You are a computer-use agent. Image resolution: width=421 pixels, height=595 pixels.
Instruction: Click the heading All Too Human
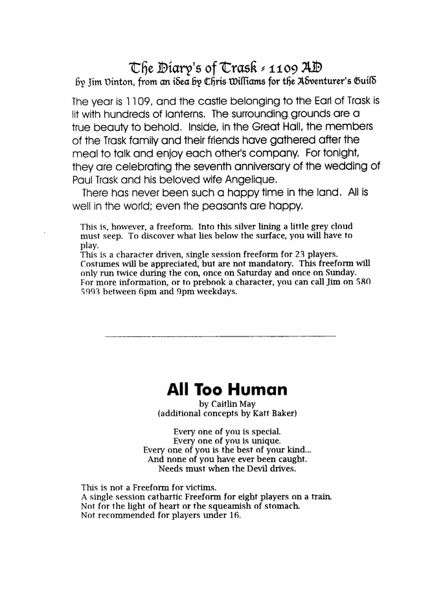point(227,389)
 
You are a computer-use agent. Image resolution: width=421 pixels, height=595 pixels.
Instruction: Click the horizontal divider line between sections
point(220,336)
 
